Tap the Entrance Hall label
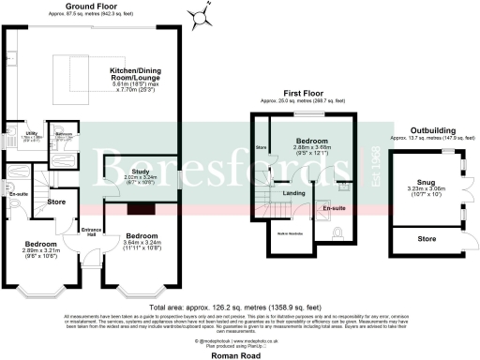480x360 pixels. pyautogui.click(x=92, y=231)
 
